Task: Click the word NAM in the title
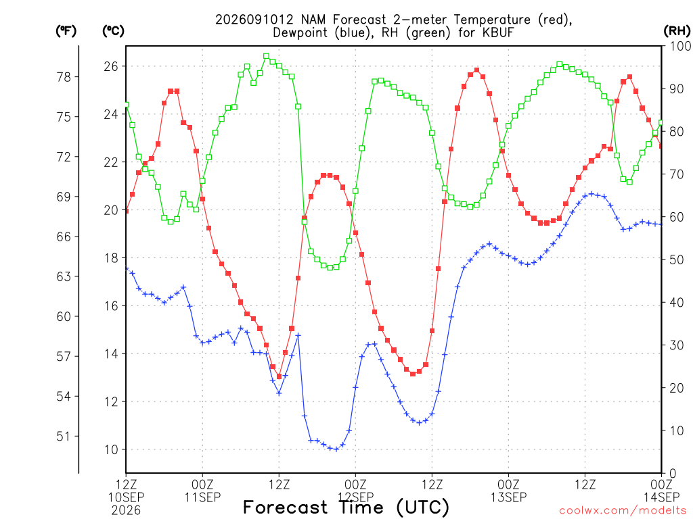[x=313, y=20]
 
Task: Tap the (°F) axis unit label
[x=66, y=31]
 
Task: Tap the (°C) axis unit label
[x=114, y=31]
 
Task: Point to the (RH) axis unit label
[x=677, y=31]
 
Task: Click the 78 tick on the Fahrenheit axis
[x=64, y=77]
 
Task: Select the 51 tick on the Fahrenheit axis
[x=64, y=437]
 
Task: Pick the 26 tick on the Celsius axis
[x=111, y=67]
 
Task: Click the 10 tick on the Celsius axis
[x=111, y=449]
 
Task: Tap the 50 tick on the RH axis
[x=677, y=260]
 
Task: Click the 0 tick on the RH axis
[x=673, y=474]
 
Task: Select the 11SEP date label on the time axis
[x=202, y=497]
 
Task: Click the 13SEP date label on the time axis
[x=509, y=497]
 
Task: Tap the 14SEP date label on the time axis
[x=662, y=497]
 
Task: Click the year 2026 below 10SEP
[x=126, y=511]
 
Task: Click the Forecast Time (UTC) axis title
[x=346, y=508]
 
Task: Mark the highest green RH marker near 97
[x=266, y=57]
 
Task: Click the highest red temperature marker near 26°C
[x=476, y=70]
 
